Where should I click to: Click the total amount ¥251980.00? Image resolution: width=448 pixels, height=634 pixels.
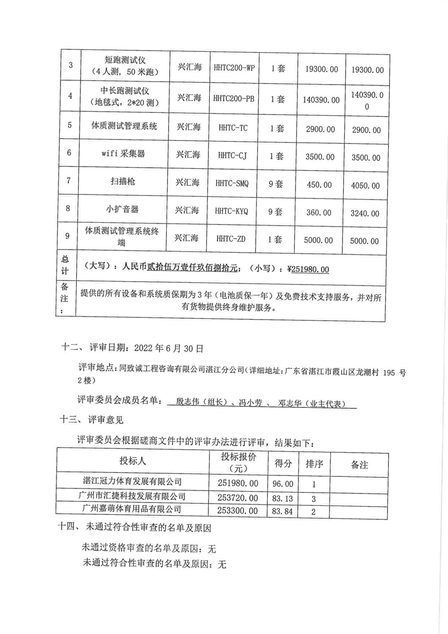308,269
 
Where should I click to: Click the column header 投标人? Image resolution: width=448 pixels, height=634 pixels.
132,461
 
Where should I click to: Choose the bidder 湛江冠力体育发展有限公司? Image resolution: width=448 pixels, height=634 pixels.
132,482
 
